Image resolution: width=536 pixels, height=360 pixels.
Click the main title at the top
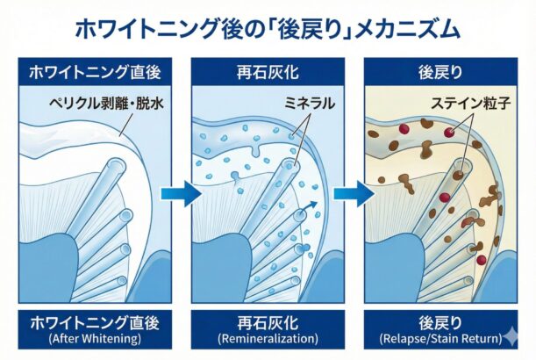[268, 29]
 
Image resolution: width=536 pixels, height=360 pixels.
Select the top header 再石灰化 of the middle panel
[268, 72]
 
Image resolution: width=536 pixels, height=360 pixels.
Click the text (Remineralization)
[268, 337]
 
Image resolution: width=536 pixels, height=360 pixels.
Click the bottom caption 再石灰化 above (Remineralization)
[268, 320]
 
